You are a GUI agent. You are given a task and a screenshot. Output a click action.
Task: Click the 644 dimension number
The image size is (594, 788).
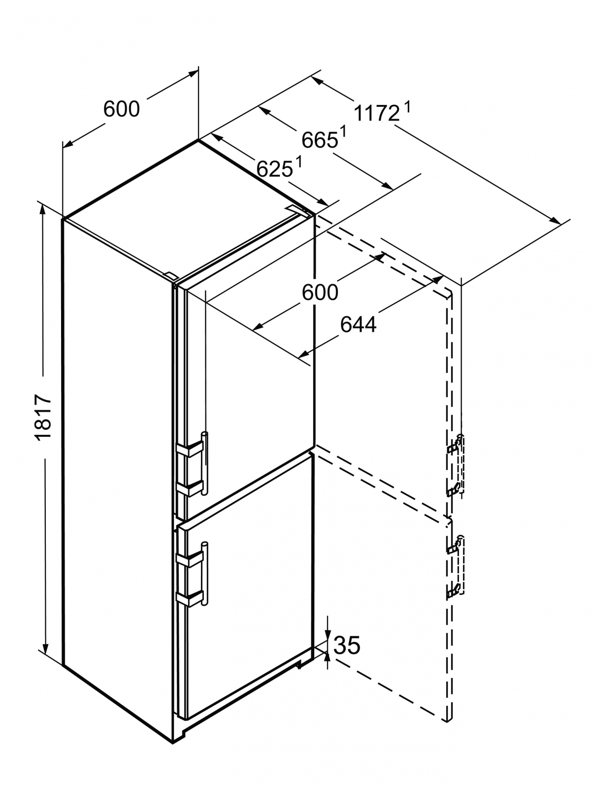tap(358, 325)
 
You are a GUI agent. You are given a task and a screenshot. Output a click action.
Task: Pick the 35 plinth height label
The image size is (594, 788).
tap(347, 645)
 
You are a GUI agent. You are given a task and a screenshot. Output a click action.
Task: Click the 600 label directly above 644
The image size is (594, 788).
tap(320, 293)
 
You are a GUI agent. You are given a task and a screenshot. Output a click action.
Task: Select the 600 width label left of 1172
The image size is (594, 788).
tap(122, 109)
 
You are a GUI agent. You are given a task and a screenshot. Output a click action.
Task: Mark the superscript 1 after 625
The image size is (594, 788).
tap(298, 161)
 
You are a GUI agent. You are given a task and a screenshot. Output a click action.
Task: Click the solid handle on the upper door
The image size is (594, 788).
tap(204, 463)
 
